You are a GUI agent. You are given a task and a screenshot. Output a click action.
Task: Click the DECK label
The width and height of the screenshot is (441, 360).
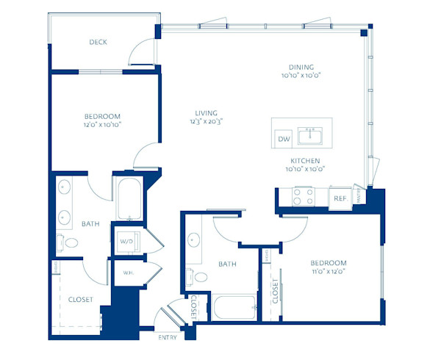[98, 43]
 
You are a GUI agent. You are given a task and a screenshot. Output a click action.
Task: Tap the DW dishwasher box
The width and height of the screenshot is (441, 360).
[282, 139]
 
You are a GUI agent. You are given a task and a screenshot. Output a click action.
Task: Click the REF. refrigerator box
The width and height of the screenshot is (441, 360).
[340, 198]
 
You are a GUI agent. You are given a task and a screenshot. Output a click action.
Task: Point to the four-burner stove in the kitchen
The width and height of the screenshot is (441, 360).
[304, 197]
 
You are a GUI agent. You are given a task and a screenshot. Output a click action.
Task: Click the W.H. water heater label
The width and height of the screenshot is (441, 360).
[127, 273]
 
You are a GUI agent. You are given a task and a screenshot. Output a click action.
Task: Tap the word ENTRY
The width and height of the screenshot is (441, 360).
[168, 337]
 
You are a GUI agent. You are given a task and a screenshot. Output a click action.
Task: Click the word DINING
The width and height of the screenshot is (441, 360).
[301, 65]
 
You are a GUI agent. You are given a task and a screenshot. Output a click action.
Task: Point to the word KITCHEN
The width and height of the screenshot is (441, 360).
[304, 160]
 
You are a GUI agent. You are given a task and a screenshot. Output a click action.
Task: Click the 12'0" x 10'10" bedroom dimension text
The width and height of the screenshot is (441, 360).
[101, 125]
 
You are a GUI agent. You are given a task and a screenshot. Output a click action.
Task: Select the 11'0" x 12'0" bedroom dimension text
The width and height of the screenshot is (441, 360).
[328, 271]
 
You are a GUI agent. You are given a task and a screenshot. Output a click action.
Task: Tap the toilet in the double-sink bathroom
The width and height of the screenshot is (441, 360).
[70, 242]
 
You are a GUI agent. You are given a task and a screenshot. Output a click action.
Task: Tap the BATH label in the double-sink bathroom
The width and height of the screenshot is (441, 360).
[90, 224]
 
